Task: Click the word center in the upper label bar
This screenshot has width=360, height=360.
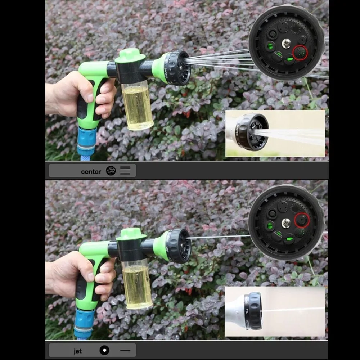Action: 91,171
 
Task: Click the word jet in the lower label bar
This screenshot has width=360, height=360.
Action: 78,351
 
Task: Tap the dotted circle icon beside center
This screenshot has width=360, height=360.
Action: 111,171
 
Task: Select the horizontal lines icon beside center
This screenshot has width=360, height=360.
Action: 125,171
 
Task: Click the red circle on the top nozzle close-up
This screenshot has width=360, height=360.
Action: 300,53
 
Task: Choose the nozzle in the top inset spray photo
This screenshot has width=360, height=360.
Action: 253,131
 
